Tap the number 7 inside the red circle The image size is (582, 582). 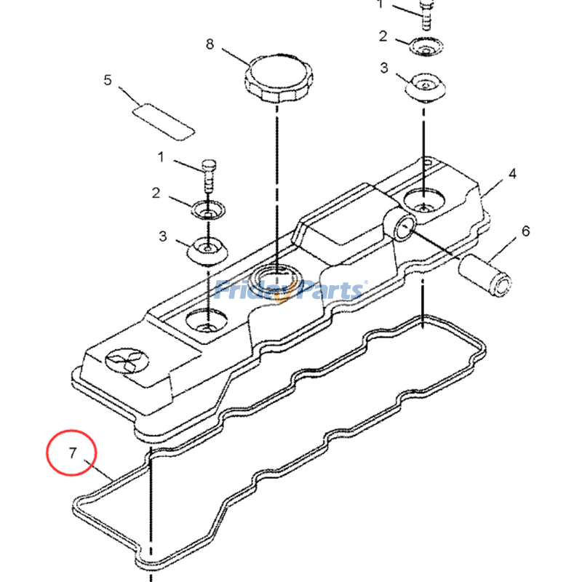tap(72, 453)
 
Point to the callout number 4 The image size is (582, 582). tap(512, 174)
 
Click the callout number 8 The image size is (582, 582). tap(210, 44)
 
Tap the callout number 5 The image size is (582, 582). tap(108, 80)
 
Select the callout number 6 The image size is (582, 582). tap(525, 231)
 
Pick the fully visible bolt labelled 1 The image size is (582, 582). tap(208, 173)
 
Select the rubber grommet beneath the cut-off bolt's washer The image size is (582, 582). tap(423, 89)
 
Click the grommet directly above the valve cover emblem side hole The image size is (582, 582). tap(208, 251)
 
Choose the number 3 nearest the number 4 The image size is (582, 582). tap(383, 68)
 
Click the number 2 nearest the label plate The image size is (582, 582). tap(156, 193)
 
